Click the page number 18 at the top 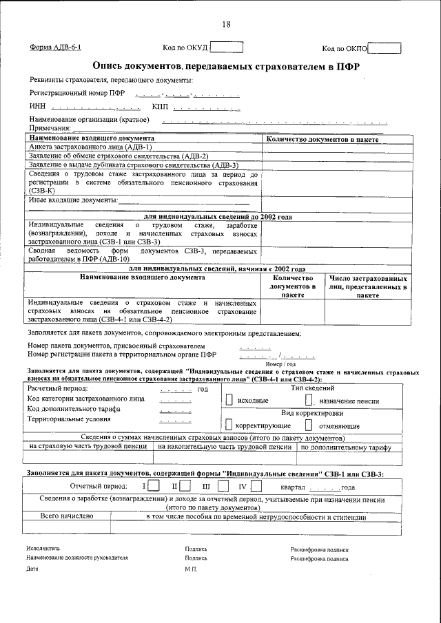click(x=226, y=25)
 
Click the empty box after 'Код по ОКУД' click(x=227, y=47)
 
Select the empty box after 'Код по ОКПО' click(x=384, y=48)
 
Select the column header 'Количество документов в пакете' click(x=322, y=139)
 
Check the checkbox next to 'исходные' click(x=229, y=400)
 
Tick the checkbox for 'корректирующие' click(x=229, y=426)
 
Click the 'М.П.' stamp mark click(x=191, y=570)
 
